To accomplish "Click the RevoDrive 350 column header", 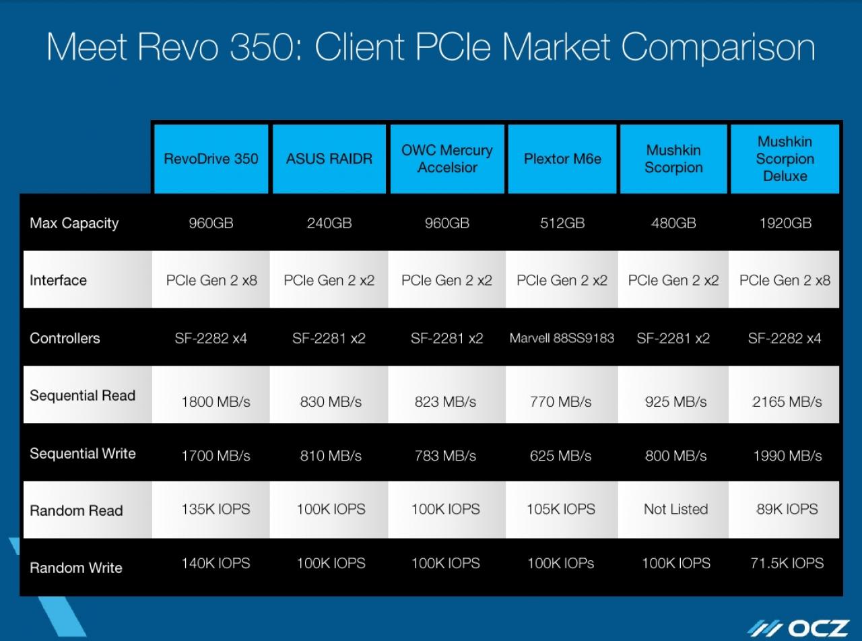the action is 211,159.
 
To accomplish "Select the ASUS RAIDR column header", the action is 329,159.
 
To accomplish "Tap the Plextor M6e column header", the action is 562,159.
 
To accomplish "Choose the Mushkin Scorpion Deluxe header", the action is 785,159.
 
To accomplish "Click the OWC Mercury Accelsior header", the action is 447,159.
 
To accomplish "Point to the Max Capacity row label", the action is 74,224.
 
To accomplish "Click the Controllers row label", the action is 65,338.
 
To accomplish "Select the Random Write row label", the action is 76,568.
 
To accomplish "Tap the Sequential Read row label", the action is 82,395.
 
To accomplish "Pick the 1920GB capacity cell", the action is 785,223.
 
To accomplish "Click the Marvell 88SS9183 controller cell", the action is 562,338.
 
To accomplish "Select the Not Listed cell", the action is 676,509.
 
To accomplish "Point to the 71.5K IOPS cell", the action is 787,563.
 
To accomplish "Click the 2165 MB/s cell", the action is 787,401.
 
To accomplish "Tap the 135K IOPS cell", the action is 215,509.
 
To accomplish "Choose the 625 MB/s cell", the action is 560,456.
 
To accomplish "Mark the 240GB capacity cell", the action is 329,223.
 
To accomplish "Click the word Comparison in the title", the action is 718,47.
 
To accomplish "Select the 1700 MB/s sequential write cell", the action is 215,456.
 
